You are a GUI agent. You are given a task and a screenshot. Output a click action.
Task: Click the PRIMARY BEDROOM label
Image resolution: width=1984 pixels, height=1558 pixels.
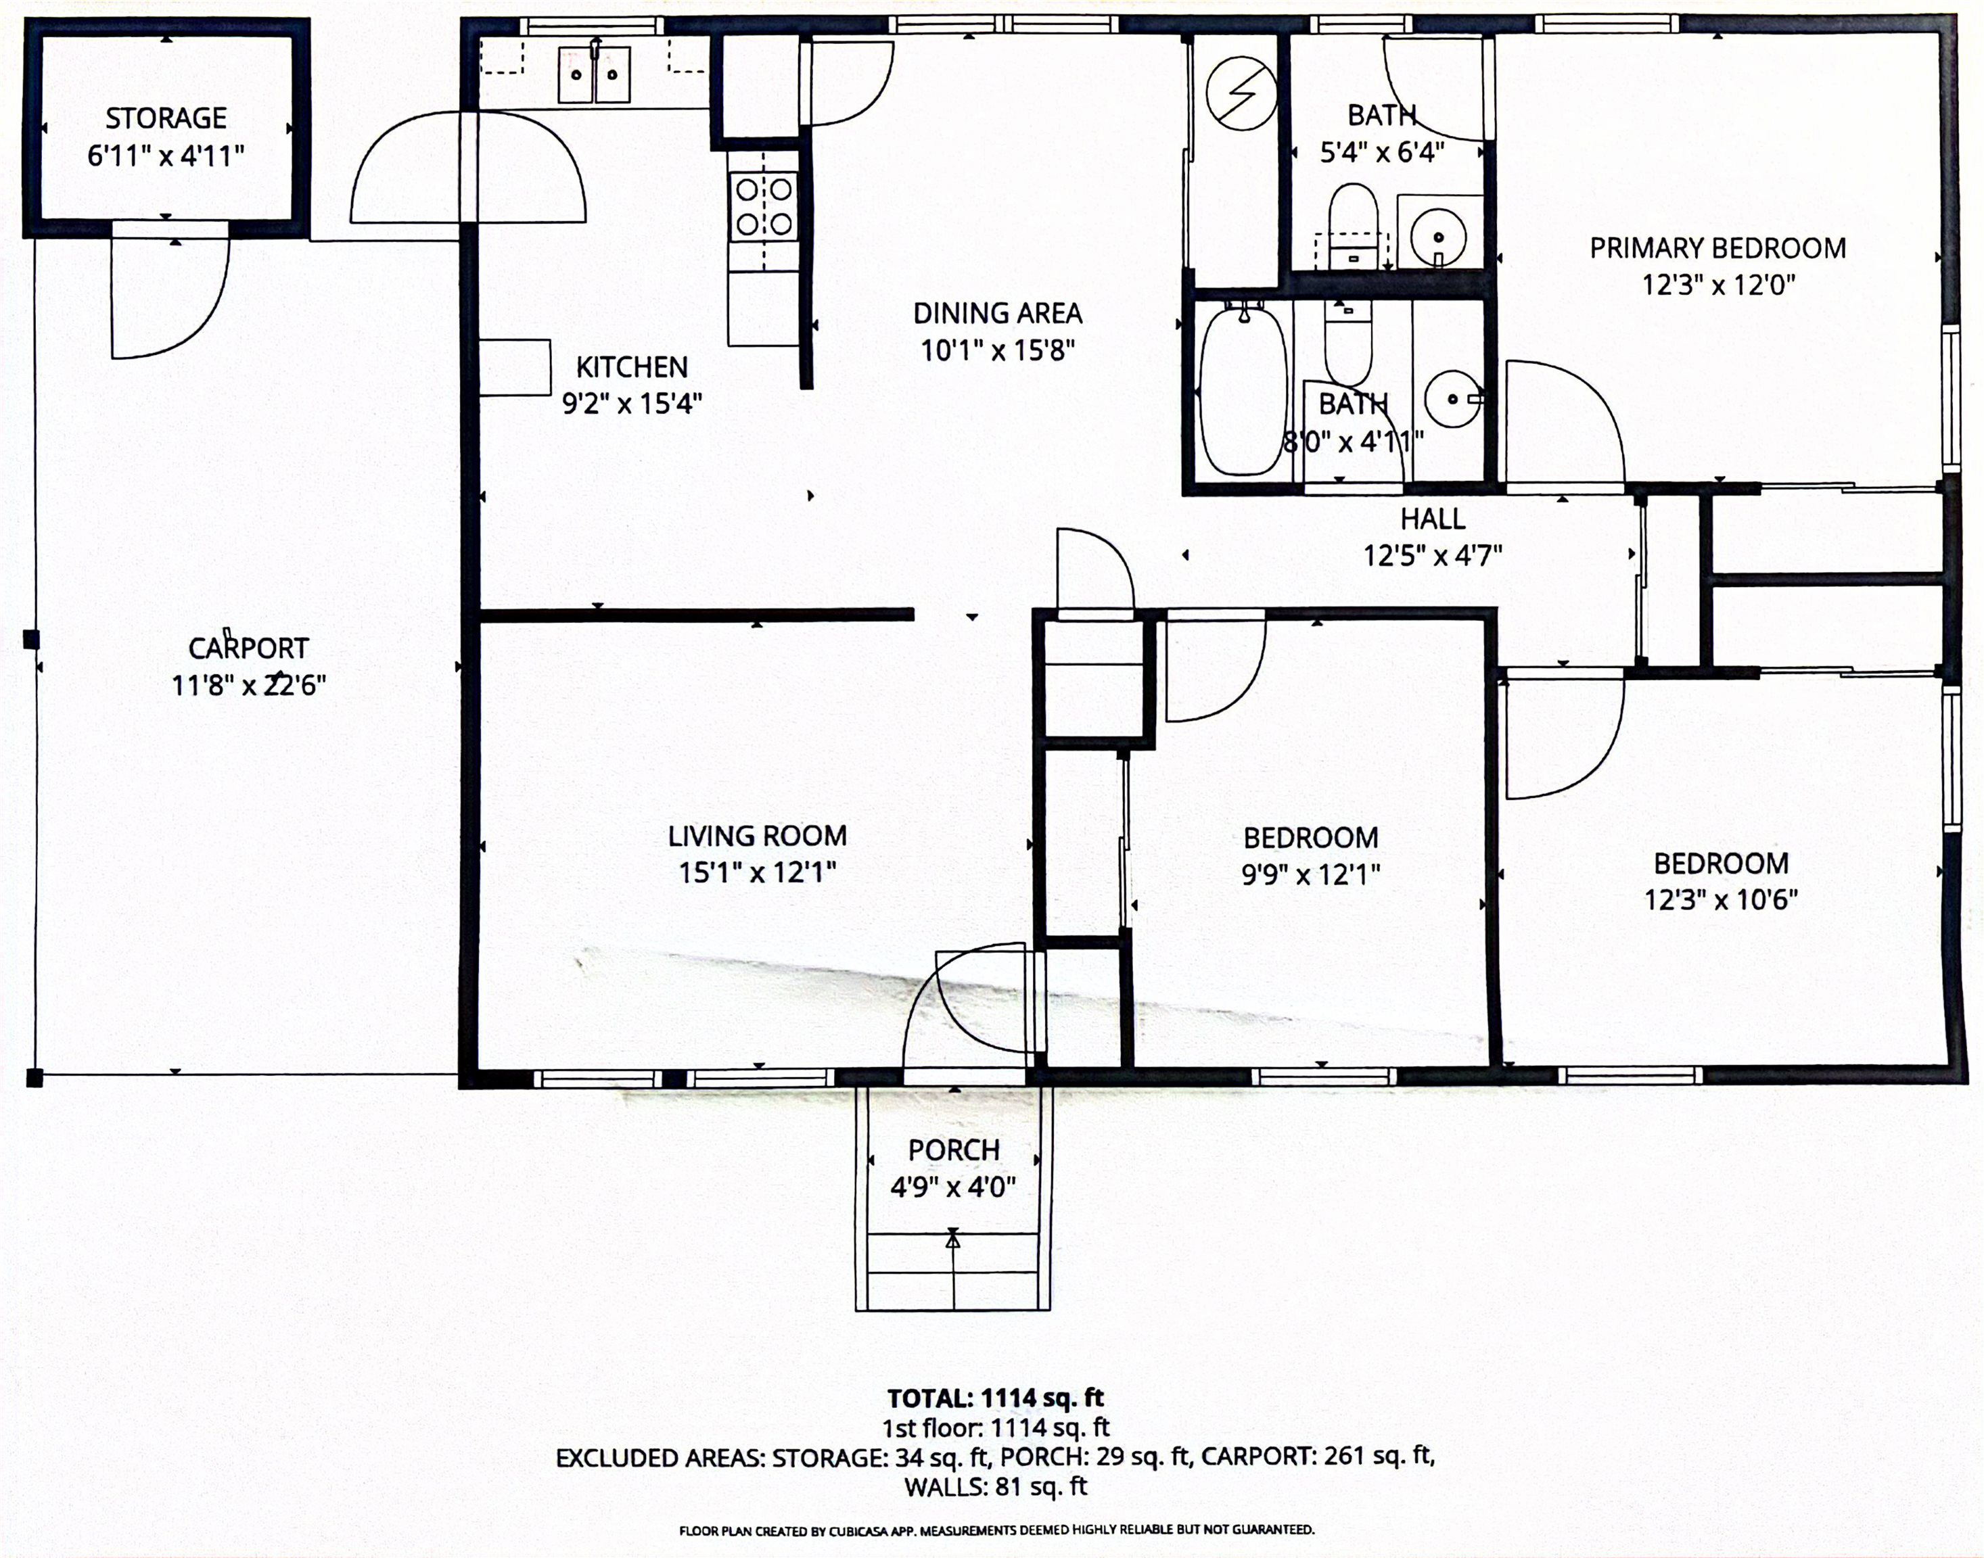1717,248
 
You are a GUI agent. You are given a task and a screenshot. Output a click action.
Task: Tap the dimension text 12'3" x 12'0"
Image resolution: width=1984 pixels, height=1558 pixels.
1718,285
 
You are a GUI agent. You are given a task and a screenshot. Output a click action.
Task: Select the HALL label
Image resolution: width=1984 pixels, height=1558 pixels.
1433,519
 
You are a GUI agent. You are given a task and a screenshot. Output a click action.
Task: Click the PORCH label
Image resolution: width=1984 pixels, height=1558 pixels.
954,1150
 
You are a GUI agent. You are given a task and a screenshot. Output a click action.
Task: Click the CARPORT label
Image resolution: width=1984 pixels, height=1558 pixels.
248,648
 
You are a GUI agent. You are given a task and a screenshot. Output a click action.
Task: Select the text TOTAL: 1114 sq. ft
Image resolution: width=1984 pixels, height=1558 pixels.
996,1398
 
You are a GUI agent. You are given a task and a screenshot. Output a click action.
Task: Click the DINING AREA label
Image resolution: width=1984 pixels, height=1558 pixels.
998,314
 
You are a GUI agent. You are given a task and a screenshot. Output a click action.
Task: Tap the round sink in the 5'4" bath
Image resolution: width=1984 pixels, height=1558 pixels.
1438,237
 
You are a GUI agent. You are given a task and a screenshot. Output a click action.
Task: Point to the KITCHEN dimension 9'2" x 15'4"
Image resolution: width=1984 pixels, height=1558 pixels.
632,403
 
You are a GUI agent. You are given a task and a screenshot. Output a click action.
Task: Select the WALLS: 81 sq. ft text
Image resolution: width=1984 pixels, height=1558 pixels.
996,1487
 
